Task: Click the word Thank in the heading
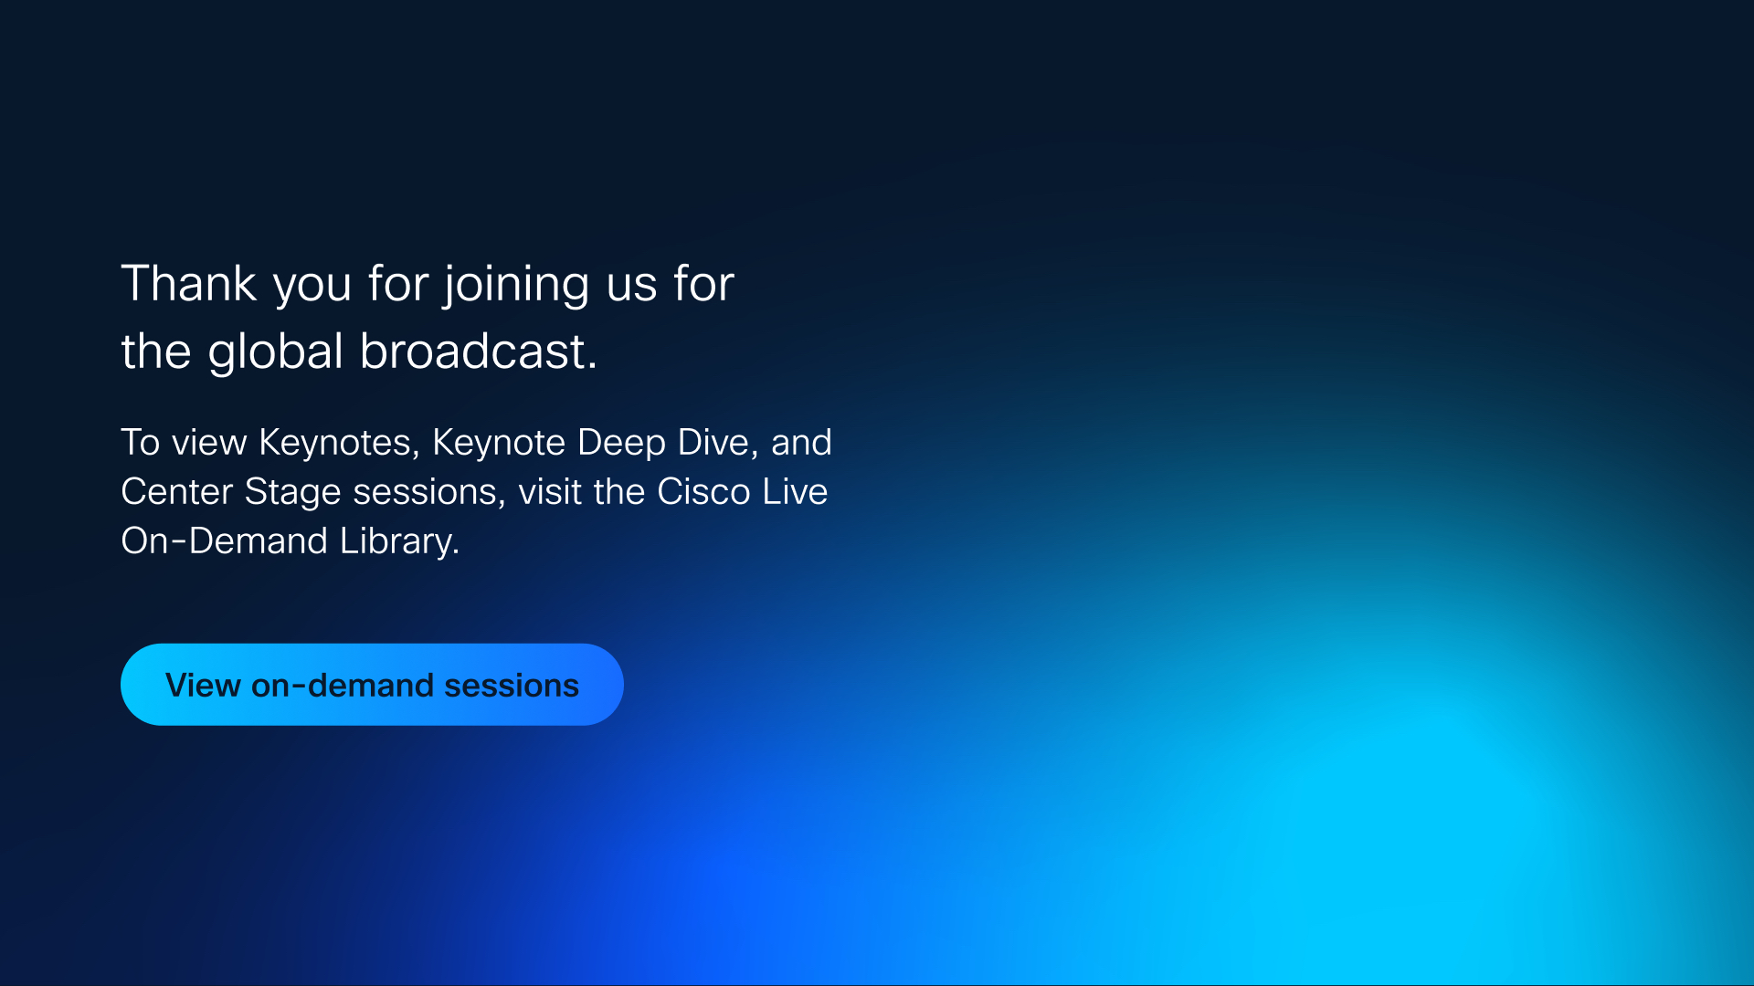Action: click(189, 283)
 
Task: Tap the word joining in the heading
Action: click(517, 287)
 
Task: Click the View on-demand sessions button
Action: click(372, 685)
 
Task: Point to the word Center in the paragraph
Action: click(177, 492)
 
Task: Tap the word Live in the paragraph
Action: click(796, 492)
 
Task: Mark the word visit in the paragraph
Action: click(551, 492)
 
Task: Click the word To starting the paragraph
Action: click(141, 443)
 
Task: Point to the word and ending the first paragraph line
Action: click(802, 443)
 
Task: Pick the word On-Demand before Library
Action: click(225, 541)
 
